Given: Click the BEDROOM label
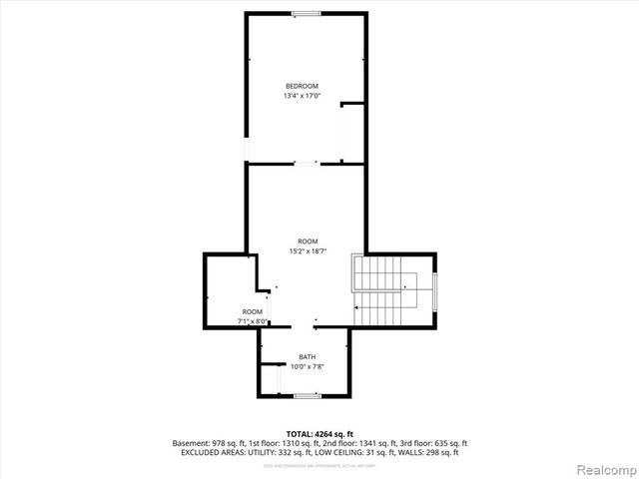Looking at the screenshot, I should [302, 87].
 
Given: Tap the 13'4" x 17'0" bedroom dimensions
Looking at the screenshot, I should [302, 97].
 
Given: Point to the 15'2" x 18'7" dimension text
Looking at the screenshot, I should [307, 251].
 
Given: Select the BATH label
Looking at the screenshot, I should [307, 356].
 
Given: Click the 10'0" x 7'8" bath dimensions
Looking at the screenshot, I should [307, 366].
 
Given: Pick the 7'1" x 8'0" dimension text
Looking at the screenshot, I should [253, 321].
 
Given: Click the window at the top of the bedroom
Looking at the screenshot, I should [306, 13].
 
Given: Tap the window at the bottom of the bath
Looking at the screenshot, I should [308, 396].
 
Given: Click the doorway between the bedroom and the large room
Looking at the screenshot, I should [307, 163].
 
